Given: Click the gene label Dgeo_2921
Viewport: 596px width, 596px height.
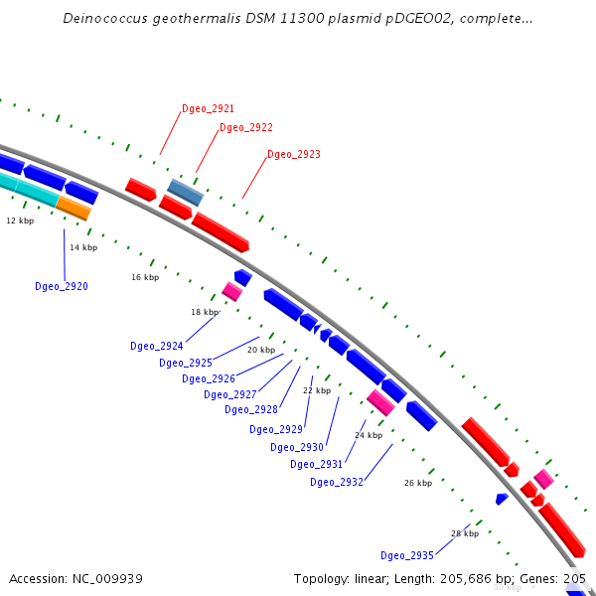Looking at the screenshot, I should point(208,108).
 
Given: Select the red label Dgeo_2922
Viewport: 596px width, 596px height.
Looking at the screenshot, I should point(245,127).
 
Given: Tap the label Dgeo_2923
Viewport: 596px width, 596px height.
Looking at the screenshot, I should point(293,154).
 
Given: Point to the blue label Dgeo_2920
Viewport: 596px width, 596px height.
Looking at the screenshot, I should point(61,286).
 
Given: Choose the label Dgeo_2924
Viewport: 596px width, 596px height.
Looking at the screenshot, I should point(156,346).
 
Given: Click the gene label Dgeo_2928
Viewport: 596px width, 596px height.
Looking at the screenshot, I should point(250,409).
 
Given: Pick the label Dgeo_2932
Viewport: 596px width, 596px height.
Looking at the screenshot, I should point(336,482).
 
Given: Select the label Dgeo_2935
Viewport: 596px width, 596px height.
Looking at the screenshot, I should point(406,555).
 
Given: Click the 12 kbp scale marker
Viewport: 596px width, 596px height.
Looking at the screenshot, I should point(20,221).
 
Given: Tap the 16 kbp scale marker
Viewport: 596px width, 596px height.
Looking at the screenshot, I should point(145,277).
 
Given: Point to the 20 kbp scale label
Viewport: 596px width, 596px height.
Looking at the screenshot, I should point(261,350).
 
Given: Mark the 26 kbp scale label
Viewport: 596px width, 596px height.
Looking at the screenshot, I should point(417,483).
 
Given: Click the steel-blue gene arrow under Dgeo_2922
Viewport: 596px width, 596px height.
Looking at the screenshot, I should point(185,192).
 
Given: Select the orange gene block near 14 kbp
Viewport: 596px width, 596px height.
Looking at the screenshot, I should point(74,208).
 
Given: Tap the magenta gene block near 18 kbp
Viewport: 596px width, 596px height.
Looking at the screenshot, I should point(231,291).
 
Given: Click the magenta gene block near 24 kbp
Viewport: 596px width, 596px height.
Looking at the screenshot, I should point(380,402).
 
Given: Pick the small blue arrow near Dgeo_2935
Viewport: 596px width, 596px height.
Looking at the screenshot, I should point(502,499).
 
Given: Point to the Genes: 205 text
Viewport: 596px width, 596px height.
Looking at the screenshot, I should point(561,578).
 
